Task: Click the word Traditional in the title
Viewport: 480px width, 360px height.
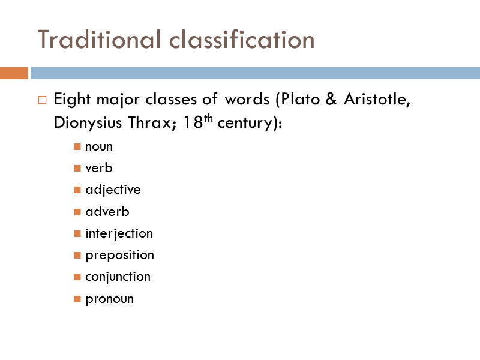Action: click(100, 40)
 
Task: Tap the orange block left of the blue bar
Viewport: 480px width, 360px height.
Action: click(14, 73)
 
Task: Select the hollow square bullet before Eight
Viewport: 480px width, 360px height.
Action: click(42, 100)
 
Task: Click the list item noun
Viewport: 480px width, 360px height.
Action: click(99, 146)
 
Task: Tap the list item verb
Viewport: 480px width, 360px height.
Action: click(99, 168)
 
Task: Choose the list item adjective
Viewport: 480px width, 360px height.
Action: click(113, 190)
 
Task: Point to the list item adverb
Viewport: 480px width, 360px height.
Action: click(107, 211)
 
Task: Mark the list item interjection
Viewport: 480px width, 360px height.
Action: click(119, 233)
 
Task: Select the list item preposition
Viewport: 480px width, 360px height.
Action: click(119, 255)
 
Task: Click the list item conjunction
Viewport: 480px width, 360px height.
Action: click(118, 277)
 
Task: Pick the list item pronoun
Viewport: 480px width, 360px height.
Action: click(109, 299)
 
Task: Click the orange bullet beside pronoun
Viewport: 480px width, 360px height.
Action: click(77, 298)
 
